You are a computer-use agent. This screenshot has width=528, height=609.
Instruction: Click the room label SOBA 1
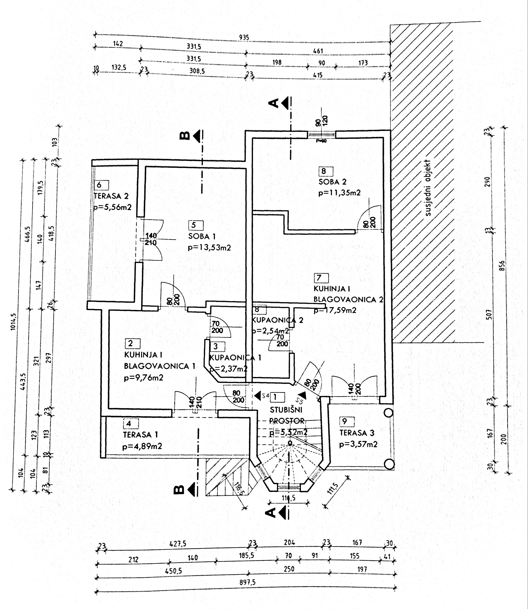202,236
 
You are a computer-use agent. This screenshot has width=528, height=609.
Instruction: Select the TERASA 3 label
357,433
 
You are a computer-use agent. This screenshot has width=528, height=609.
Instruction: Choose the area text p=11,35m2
340,193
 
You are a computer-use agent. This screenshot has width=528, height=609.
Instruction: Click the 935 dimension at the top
244,37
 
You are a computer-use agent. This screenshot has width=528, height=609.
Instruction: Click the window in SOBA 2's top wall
321,135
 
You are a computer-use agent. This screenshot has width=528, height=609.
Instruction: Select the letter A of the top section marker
274,103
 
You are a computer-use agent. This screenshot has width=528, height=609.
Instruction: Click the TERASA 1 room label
140,435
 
